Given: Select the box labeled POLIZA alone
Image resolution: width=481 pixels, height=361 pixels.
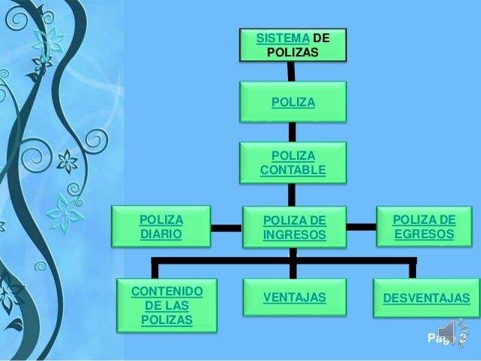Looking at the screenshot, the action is (293, 102).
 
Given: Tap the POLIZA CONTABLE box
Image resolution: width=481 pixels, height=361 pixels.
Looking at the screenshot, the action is (293, 163).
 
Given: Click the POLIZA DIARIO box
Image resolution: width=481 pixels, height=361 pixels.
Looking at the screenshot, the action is (161, 227).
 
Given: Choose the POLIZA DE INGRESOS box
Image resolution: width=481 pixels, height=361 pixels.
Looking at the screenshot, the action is (293, 228).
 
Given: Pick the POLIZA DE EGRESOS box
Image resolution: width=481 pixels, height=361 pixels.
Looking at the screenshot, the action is (424, 227).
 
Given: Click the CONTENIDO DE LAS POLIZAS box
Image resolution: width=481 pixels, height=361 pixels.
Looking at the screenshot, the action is (166, 305).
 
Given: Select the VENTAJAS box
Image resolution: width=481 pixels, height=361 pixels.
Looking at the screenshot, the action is (294, 298).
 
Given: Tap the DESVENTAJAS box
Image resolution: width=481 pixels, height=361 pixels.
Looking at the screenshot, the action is (426, 299).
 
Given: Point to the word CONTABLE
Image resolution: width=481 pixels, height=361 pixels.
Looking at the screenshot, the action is (293, 170).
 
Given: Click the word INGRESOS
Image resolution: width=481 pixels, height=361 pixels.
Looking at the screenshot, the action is (294, 235).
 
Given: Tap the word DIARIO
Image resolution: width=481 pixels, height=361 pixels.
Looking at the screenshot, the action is (161, 234).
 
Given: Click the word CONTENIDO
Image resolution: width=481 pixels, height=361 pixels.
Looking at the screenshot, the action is (166, 291).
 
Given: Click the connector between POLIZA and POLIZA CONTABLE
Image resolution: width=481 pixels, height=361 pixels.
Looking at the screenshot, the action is (293, 132).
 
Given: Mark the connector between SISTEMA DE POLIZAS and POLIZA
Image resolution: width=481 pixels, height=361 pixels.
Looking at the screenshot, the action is (290, 71).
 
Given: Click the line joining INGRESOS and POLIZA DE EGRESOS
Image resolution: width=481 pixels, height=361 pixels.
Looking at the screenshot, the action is (362, 226).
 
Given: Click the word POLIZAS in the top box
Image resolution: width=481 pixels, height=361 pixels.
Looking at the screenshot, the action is (293, 53).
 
